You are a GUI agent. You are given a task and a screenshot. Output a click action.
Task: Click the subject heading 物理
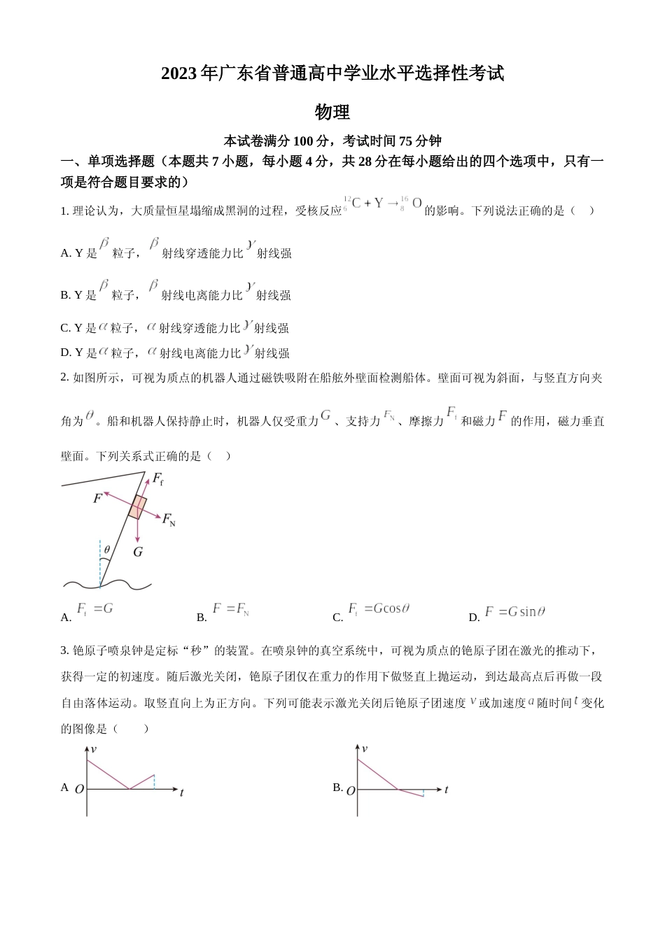click(x=332, y=112)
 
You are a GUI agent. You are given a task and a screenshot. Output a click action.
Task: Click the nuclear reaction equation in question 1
click(x=384, y=204)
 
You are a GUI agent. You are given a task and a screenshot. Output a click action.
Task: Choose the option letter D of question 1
click(x=65, y=353)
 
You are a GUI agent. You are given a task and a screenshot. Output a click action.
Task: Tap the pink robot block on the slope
click(x=138, y=507)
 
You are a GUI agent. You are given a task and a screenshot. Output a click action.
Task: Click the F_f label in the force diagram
click(x=158, y=479)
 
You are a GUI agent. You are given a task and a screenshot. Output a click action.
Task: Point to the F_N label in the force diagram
click(x=169, y=520)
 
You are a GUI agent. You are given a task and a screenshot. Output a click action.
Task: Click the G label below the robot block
click(x=138, y=552)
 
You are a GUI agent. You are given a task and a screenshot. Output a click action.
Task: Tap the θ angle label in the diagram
click(x=106, y=550)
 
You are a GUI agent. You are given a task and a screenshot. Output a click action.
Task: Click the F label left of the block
click(x=97, y=499)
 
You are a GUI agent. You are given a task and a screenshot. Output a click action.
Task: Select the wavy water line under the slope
click(x=107, y=583)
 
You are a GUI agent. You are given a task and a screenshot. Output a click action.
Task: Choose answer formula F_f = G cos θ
click(x=379, y=609)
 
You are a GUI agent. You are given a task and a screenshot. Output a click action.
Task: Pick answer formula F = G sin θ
click(x=514, y=612)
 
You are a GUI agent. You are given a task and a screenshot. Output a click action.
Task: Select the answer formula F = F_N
click(x=231, y=609)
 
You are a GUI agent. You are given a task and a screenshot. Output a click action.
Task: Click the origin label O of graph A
click(x=79, y=789)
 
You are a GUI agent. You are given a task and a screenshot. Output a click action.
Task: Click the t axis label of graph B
click(x=446, y=790)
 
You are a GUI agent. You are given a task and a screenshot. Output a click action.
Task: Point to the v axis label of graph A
click(x=94, y=749)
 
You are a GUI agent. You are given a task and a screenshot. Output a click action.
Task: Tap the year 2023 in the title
click(x=180, y=73)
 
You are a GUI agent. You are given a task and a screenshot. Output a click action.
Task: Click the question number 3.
click(x=64, y=651)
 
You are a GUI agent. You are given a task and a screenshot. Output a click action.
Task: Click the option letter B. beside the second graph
click(x=337, y=788)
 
